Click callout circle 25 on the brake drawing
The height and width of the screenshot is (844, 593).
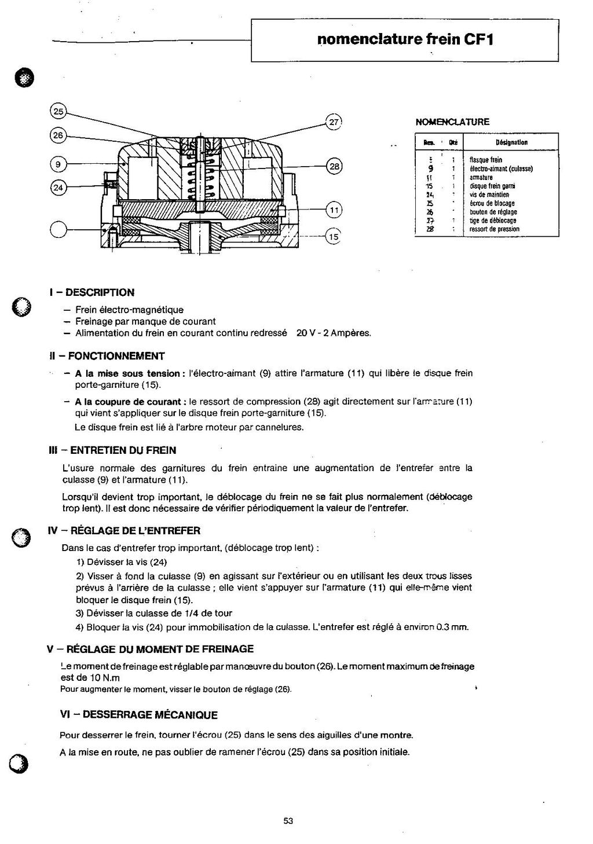tap(59, 111)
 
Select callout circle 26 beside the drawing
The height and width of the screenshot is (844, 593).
tap(57, 135)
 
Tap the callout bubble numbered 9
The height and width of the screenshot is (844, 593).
tap(57, 164)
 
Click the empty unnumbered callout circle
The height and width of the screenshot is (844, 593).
tap(59, 230)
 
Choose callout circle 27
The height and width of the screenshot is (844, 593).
tap(335, 122)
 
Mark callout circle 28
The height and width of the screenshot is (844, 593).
tap(335, 166)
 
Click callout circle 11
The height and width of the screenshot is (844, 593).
tap(334, 210)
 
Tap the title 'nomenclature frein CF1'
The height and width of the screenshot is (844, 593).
tap(405, 39)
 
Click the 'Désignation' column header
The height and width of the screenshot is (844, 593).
tap(511, 142)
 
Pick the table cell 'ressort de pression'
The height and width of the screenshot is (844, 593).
tap(494, 229)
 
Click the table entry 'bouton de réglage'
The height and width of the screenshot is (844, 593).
tap(493, 212)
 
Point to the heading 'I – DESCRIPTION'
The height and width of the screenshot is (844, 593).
tap(93, 292)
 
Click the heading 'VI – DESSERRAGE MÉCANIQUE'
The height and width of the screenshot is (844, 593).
tap(139, 715)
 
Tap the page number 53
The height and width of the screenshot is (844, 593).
tap(288, 820)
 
